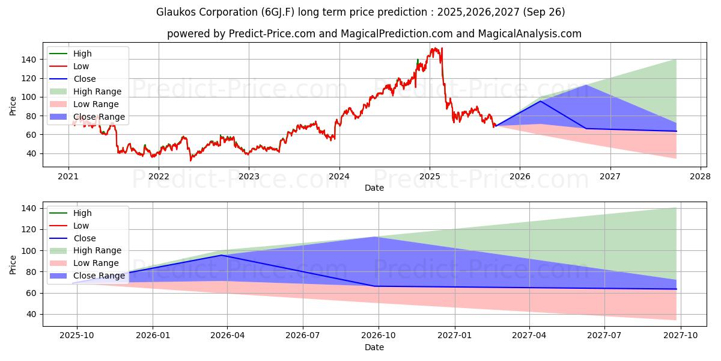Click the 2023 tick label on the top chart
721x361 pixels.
coord(249,176)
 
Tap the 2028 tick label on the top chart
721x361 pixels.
coord(701,176)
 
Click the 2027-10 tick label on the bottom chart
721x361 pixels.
coord(681,336)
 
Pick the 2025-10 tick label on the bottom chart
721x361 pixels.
coord(77,336)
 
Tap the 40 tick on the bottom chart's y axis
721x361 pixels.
coord(30,314)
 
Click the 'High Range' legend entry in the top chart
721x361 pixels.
coord(97,91)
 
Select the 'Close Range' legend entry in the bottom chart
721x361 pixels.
coord(99,276)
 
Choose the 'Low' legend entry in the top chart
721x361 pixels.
coord(81,66)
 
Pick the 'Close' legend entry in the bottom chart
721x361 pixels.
coord(84,238)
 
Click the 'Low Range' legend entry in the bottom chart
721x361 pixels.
coord(96,264)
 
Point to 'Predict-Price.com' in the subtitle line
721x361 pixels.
coord(272,34)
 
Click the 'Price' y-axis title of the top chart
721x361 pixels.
coord(13,105)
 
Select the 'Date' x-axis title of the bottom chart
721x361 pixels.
coord(374,348)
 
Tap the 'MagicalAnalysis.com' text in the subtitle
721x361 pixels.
coord(529,34)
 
